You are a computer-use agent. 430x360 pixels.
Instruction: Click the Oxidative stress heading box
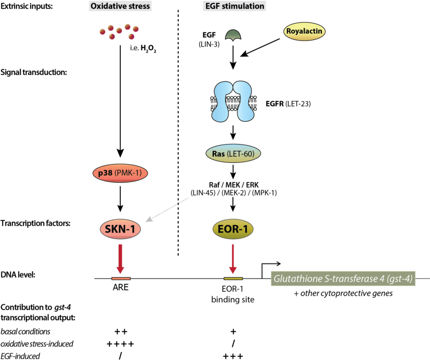(x=120, y=6)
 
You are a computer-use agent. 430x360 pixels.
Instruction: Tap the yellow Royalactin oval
(x=305, y=31)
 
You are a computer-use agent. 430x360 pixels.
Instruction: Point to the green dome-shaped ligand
(x=233, y=34)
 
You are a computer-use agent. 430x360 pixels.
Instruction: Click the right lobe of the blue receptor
(x=245, y=103)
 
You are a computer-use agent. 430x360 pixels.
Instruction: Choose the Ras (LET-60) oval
(x=233, y=153)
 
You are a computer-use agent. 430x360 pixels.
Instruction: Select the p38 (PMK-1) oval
(x=120, y=173)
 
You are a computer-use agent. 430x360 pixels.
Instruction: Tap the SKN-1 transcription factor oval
(x=120, y=229)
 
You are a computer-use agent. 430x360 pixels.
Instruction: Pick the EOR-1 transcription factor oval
(x=232, y=229)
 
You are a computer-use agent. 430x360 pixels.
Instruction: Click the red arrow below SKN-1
(x=120, y=258)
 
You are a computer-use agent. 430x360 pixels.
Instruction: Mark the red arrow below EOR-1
(x=232, y=258)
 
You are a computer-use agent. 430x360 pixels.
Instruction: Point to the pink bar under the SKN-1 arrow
(x=121, y=279)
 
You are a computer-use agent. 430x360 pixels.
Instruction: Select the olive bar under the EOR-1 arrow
(x=233, y=279)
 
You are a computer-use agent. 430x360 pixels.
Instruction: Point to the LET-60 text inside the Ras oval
(x=242, y=153)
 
